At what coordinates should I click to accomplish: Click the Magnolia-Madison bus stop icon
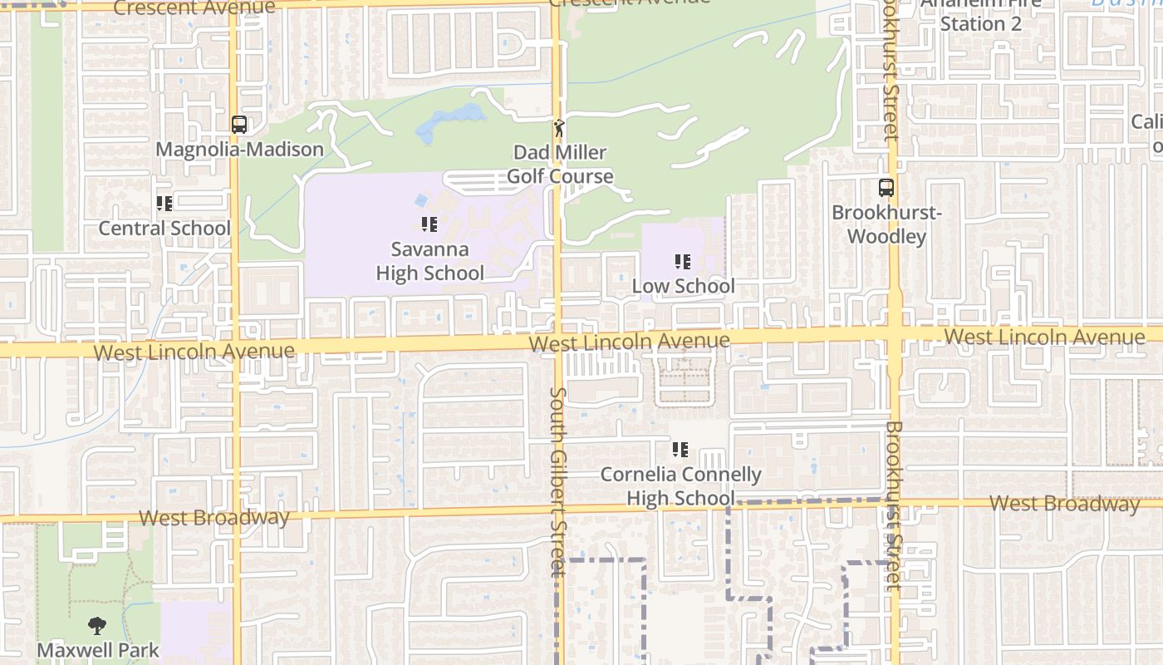point(239,125)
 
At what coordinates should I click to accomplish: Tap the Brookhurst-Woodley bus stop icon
point(886,188)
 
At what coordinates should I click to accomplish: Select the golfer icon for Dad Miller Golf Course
point(559,128)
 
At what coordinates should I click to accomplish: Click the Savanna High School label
point(429,261)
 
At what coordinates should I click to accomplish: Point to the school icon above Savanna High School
point(429,224)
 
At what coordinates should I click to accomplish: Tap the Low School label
point(683,286)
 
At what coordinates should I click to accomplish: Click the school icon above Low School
point(683,263)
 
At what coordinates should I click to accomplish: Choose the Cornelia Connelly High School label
point(680,486)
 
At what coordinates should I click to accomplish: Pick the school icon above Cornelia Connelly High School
point(680,450)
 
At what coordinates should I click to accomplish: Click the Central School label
point(164,228)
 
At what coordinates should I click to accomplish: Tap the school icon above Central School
point(164,204)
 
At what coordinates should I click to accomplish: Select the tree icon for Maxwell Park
point(97,626)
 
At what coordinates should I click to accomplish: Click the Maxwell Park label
point(97,649)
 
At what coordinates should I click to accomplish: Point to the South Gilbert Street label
point(558,482)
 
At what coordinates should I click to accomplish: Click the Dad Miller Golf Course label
point(560,165)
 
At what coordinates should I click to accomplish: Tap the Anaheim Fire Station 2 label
point(980,13)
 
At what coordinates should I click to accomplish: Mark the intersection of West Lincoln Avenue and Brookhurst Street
point(895,336)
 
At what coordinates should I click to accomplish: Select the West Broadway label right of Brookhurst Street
point(1064,504)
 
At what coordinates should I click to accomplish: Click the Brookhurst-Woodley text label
point(886,224)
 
